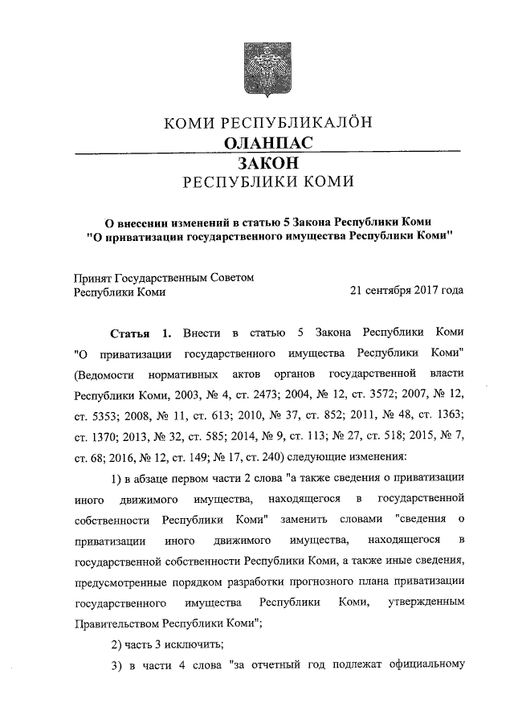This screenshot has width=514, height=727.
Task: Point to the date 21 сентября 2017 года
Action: coord(406,291)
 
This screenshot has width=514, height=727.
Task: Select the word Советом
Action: coord(231,277)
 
